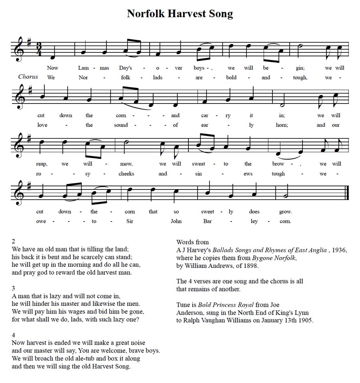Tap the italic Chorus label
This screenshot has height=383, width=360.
pyautogui.click(x=28, y=77)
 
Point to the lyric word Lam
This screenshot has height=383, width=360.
pyautogui.click(x=84, y=68)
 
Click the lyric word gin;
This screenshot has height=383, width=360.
pyautogui.click(x=300, y=68)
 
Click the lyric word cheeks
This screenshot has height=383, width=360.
pyautogui.click(x=126, y=174)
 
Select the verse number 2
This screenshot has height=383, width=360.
pyautogui.click(x=14, y=241)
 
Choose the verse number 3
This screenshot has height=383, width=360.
pyautogui.click(x=14, y=288)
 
